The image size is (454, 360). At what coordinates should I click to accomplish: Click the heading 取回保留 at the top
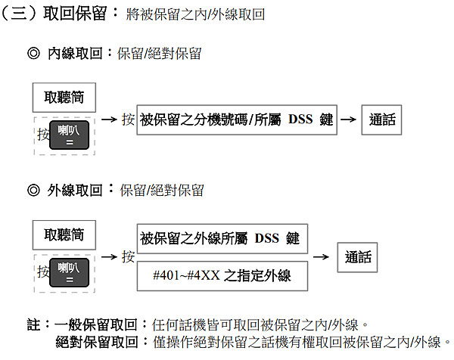[x=75, y=14]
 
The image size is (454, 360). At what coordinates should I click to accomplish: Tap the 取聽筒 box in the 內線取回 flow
[x=64, y=98]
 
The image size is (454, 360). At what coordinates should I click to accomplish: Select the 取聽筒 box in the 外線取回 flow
[x=64, y=235]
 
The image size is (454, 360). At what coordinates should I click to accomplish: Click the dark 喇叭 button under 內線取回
[x=69, y=135]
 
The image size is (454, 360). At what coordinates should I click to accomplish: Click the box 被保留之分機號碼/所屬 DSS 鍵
[x=237, y=119]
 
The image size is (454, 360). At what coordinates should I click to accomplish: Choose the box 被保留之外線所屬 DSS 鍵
[x=222, y=239]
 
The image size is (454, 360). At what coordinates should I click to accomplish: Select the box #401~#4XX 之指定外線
[x=222, y=276]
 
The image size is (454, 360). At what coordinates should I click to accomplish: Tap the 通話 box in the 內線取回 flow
[x=381, y=119]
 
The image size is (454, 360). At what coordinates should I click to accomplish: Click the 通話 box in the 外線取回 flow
[x=357, y=257]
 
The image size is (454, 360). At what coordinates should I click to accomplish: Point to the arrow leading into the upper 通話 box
[x=348, y=119]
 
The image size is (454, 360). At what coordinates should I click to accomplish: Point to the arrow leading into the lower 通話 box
[x=321, y=256]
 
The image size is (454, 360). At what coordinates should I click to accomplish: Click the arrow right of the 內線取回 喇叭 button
[x=109, y=119]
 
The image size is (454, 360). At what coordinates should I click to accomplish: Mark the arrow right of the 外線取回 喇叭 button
[x=109, y=256]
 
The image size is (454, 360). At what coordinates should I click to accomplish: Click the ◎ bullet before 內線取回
[x=33, y=53]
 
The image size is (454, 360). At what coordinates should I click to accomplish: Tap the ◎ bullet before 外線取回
[x=33, y=191]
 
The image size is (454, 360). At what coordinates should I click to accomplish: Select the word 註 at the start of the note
[x=33, y=324]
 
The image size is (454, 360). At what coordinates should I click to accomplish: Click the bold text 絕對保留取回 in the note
[x=97, y=342]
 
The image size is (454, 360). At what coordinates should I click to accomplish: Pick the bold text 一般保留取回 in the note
[x=95, y=324]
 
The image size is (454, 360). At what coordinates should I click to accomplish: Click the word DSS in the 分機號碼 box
[x=300, y=119]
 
